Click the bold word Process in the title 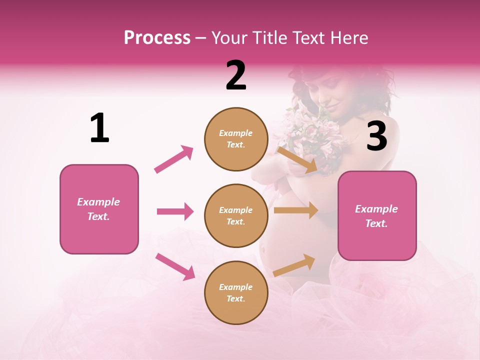coord(157,38)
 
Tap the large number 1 coord(99,128)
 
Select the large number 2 coord(236,75)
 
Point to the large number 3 coord(376,136)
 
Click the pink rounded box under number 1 coord(99,209)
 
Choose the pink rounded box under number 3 coord(377,215)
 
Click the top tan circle coord(235,139)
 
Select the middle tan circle coord(235,215)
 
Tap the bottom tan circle coord(235,292)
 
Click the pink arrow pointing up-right coord(174,159)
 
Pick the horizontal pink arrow coord(175,211)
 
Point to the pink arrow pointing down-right coord(175,266)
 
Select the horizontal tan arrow coord(295,210)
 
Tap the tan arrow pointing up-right coord(294,265)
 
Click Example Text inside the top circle coord(235,139)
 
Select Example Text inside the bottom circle coord(235,292)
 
